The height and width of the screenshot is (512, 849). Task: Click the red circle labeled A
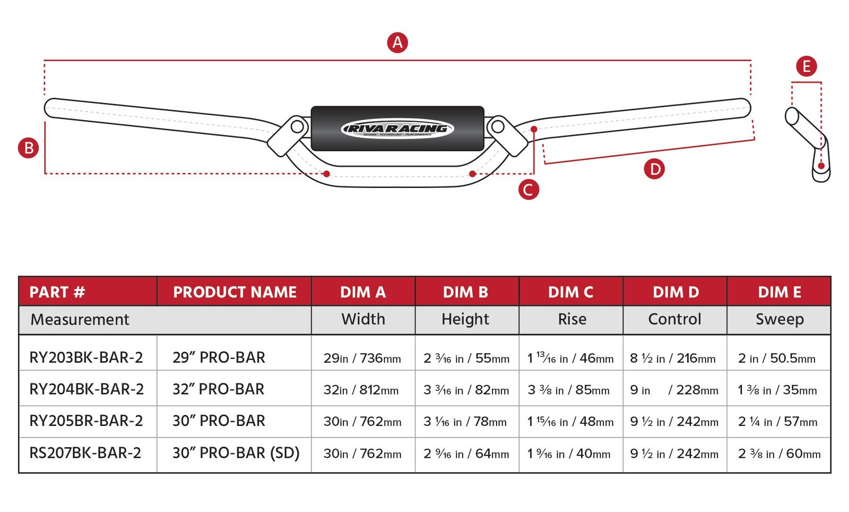(x=397, y=42)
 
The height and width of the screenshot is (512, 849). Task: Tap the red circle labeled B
(x=29, y=148)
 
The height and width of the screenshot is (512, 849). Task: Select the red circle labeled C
(x=529, y=190)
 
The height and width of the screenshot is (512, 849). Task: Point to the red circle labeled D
(x=654, y=169)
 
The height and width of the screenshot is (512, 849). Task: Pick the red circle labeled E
(x=806, y=66)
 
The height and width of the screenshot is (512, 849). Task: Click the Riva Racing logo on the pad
(x=397, y=129)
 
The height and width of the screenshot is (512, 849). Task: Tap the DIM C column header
(x=570, y=292)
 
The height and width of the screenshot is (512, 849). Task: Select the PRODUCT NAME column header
(x=235, y=292)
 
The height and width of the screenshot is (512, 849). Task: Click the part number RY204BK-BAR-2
(x=86, y=389)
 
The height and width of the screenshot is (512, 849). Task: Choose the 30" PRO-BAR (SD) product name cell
(x=236, y=453)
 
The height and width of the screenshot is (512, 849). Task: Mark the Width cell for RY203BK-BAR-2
(x=362, y=358)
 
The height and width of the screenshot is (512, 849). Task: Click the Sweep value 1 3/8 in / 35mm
(x=777, y=390)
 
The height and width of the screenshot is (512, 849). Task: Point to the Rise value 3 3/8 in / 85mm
(x=568, y=390)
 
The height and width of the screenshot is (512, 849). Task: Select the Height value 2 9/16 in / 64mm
(x=466, y=454)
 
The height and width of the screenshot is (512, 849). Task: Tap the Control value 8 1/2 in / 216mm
(x=672, y=359)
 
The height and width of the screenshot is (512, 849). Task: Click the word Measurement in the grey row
(x=80, y=319)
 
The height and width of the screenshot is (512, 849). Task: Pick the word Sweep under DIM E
(x=779, y=319)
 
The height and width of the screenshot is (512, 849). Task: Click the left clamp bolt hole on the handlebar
(x=297, y=127)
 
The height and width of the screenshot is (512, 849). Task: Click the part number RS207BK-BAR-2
(x=85, y=453)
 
